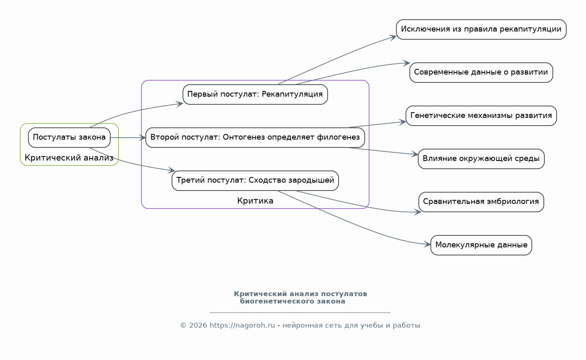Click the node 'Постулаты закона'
pyautogui.click(x=69, y=138)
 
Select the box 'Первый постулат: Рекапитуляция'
pyautogui.click(x=255, y=95)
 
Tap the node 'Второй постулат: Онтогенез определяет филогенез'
pyautogui.click(x=255, y=138)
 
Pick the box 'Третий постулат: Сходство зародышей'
pyautogui.click(x=255, y=181)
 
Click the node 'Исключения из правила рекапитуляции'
pyautogui.click(x=481, y=29)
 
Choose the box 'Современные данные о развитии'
pyautogui.click(x=481, y=73)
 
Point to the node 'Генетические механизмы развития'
pyautogui.click(x=481, y=116)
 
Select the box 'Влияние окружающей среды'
pyautogui.click(x=481, y=159)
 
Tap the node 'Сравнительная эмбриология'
pyautogui.click(x=481, y=202)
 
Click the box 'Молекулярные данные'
pyautogui.click(x=481, y=245)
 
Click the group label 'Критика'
pyautogui.click(x=255, y=201)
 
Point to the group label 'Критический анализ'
pyautogui.click(x=69, y=158)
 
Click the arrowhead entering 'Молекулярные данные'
pyautogui.click(x=428, y=245)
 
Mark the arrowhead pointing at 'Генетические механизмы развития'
pyautogui.click(x=403, y=122)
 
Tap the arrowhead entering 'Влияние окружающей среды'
pyautogui.click(x=415, y=154)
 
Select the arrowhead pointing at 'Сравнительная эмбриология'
pyautogui.click(x=418, y=212)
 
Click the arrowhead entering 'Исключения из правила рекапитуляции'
pyautogui.click(x=393, y=37)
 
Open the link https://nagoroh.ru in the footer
pyautogui.click(x=242, y=326)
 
